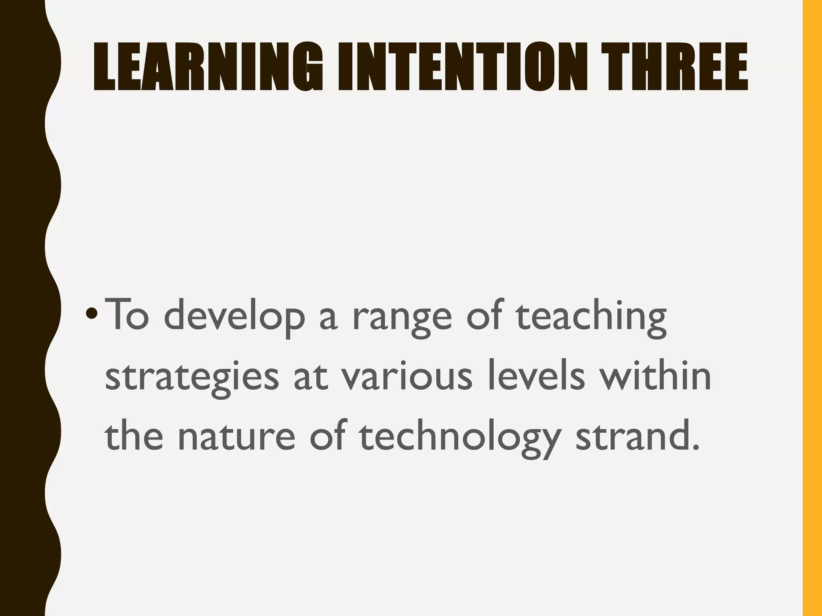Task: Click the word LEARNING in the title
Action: point(208,67)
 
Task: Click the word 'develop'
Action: point(234,317)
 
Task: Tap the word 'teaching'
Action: point(590,317)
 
